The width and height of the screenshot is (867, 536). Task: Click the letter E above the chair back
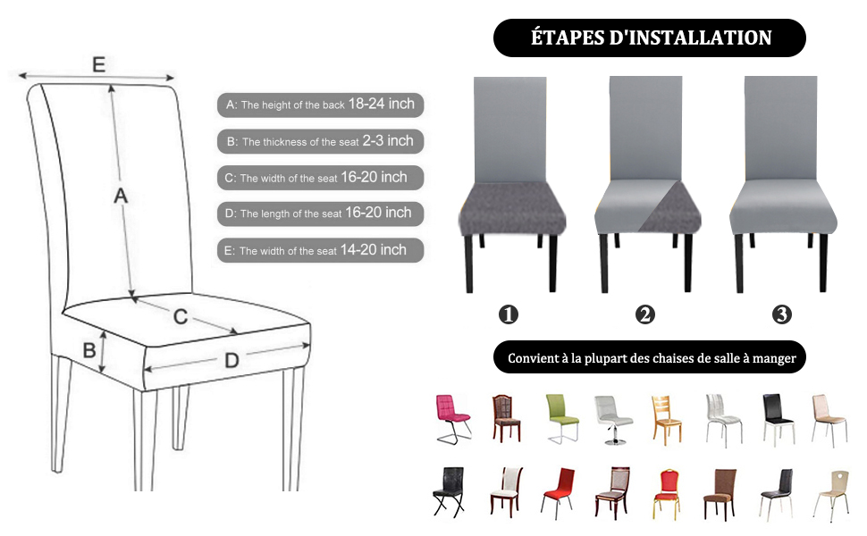(98, 64)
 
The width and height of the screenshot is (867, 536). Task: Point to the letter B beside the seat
(89, 350)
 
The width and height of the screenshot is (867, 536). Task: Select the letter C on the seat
(180, 316)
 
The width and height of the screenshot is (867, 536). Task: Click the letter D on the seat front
(231, 361)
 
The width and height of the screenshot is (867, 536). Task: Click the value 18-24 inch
(382, 105)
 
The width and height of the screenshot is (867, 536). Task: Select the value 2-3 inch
(388, 141)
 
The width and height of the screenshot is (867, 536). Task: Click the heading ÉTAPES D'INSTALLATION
(650, 38)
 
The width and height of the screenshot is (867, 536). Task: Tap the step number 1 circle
(509, 314)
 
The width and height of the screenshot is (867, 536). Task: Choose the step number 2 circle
(645, 314)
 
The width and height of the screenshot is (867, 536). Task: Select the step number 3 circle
(782, 314)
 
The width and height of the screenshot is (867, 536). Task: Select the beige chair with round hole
(830, 494)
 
